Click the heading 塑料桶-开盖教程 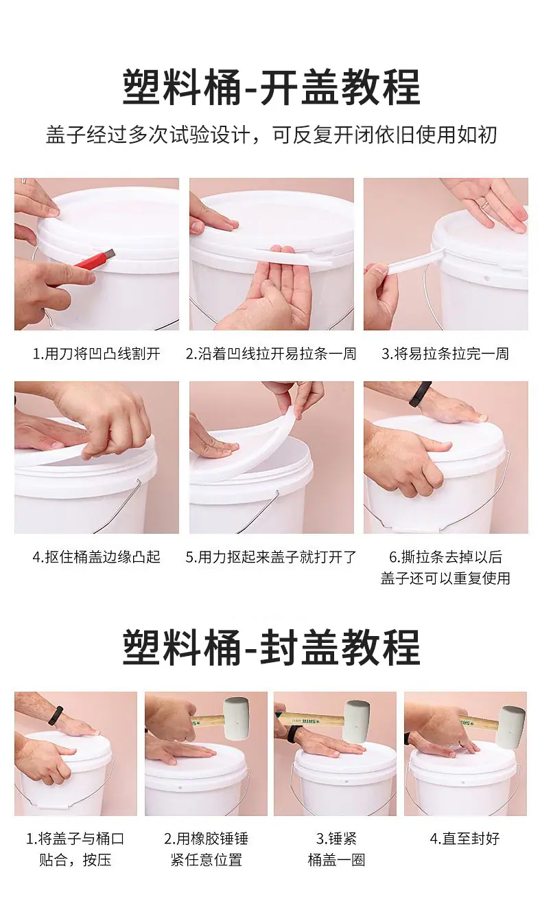tap(272, 87)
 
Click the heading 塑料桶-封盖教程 tap(272, 647)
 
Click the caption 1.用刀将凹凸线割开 tap(97, 354)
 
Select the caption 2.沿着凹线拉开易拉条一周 tap(271, 354)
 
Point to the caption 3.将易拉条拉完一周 tap(445, 354)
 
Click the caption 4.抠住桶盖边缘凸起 tap(97, 557)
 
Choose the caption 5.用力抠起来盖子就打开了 tap(271, 557)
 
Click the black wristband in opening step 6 tap(420, 394)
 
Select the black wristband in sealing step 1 tap(56, 716)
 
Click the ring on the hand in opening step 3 tap(484, 203)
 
